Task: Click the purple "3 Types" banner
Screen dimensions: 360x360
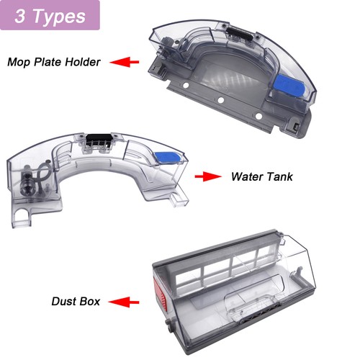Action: (x=50, y=15)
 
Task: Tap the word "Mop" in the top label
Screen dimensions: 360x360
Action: (x=19, y=63)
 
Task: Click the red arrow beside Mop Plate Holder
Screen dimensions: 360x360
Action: (x=125, y=62)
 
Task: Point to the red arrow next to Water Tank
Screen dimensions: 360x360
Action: (x=208, y=176)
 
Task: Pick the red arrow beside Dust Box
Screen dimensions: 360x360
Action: (x=124, y=302)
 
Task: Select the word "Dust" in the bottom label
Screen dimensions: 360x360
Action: (x=63, y=302)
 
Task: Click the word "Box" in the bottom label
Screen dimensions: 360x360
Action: (x=89, y=302)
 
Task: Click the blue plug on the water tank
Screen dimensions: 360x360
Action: (x=167, y=158)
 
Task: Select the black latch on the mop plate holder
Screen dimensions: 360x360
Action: (x=240, y=33)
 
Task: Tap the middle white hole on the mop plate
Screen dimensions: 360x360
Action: (x=221, y=100)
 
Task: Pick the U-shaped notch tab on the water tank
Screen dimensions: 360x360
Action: (x=22, y=215)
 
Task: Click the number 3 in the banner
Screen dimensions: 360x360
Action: (x=19, y=16)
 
